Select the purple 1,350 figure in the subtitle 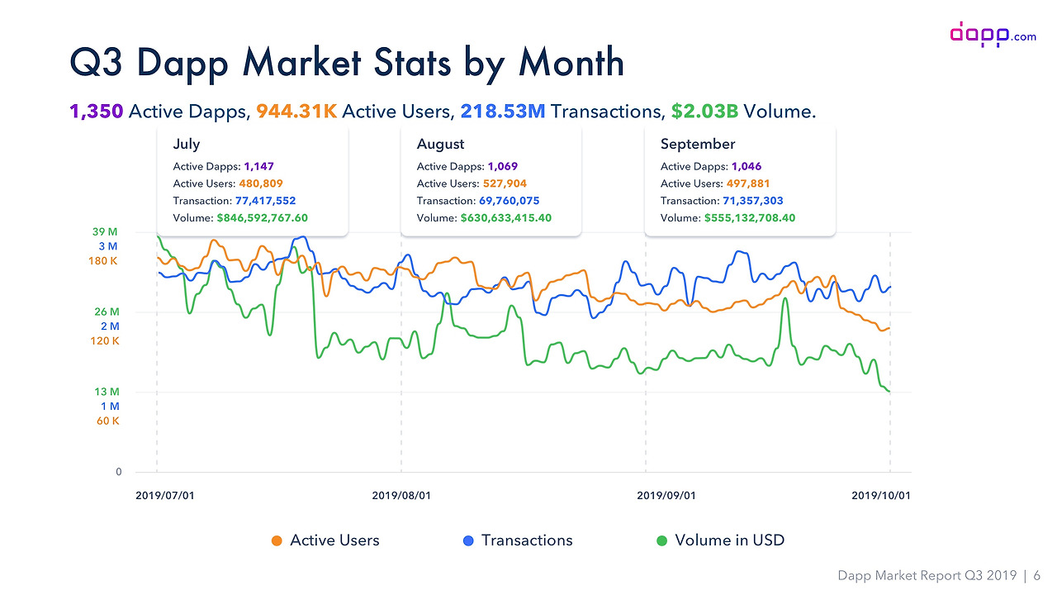point(97,111)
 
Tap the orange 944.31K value point(296,111)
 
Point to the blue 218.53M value point(502,111)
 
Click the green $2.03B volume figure point(704,111)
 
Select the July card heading point(187,144)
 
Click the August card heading point(440,144)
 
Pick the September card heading point(697,144)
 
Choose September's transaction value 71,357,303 point(744,201)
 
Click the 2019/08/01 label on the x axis point(401,496)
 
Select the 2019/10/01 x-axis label point(880,496)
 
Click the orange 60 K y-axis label point(107,421)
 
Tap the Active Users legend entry point(325,540)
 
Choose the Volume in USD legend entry point(719,540)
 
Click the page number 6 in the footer point(1036,576)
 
